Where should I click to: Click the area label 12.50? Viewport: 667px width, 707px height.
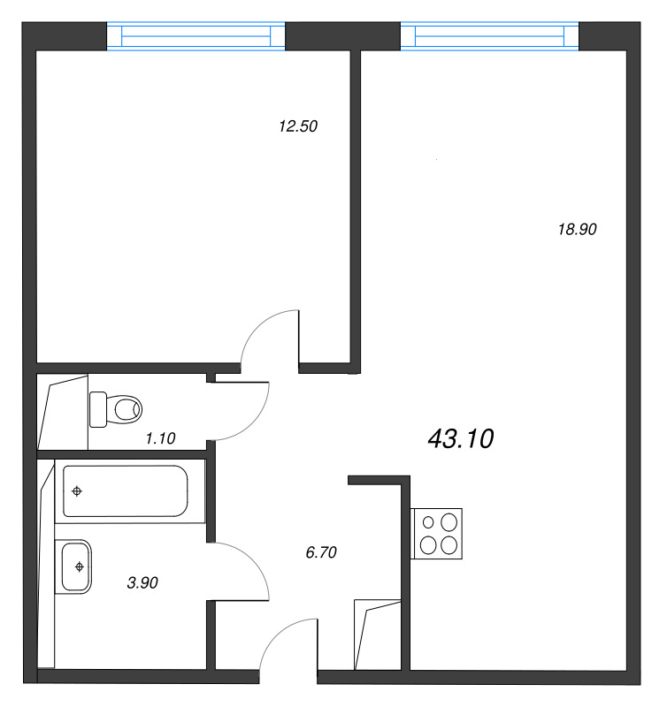point(298,125)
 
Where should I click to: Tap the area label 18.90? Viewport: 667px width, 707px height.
point(577,229)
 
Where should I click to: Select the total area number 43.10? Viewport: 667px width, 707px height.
point(461,438)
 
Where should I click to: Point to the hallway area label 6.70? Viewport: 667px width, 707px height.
point(321,551)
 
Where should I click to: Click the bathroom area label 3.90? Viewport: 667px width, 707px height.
point(142,582)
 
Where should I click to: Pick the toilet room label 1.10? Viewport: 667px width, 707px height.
point(160,437)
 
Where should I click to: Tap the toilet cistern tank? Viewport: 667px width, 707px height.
point(98,409)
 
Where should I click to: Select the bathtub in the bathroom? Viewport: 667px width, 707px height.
point(126,491)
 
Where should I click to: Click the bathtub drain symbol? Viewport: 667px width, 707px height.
point(77,491)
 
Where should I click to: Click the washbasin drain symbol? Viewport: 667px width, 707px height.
point(80,566)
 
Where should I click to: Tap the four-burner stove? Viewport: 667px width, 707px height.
point(437,534)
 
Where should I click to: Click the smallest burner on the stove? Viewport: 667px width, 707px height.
point(428,522)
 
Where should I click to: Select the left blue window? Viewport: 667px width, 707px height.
point(195,35)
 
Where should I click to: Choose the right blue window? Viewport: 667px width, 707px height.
point(489,35)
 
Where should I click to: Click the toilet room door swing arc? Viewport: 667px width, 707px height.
point(257,422)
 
